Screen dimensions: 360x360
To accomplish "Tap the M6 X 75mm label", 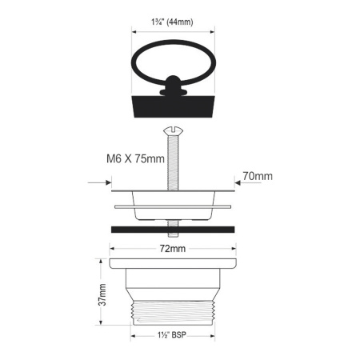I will coord(135,158).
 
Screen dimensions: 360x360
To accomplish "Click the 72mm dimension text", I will coord(173,250).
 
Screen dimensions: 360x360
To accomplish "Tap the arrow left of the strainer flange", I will coord(102,183).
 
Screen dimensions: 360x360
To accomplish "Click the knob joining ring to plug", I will coord(174,84).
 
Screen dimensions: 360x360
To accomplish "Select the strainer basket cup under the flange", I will coord(174,209).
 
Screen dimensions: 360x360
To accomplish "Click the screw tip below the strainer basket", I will coord(174,221).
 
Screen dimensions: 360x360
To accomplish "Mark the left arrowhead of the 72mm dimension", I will coord(113,250).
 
